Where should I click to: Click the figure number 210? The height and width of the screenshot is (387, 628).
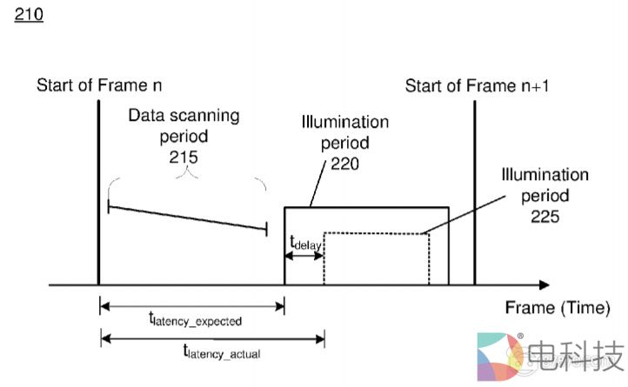pyautogui.click(x=29, y=15)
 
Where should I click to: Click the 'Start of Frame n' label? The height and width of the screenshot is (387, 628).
pyautogui.click(x=99, y=85)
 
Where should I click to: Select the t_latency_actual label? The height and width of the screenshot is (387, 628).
pyautogui.click(x=221, y=351)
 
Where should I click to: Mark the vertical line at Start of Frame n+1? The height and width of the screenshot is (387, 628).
pyautogui.click(x=474, y=191)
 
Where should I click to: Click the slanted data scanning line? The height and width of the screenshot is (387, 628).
pyautogui.click(x=187, y=217)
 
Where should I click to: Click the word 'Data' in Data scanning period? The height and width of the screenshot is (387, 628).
pyautogui.click(x=148, y=115)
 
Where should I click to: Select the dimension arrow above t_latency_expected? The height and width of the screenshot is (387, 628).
pyautogui.click(x=192, y=305)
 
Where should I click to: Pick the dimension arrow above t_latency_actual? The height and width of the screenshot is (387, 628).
pyautogui.click(x=212, y=337)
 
